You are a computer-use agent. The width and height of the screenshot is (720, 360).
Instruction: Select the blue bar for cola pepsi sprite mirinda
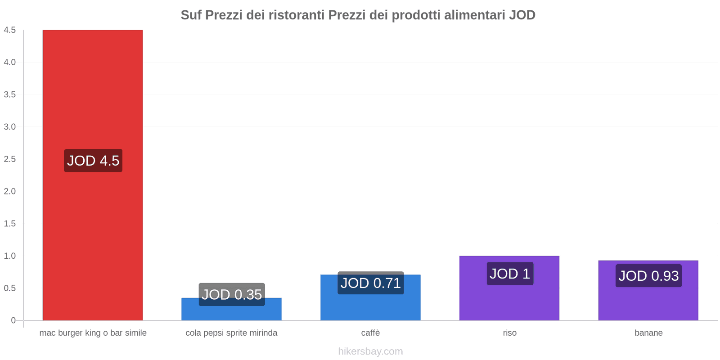coord(231,313)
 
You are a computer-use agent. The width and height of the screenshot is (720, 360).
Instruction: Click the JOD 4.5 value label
coord(93,161)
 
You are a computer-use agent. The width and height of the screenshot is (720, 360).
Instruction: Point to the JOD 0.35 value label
coord(232,295)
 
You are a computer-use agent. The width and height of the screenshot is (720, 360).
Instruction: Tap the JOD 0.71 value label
coord(370,283)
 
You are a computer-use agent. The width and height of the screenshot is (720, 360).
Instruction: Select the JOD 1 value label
coord(510,274)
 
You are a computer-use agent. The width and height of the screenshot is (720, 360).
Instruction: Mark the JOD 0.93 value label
coord(648,276)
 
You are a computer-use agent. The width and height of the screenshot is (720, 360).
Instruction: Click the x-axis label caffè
coord(370,333)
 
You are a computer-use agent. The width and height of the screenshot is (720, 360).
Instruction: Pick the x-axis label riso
coord(510,333)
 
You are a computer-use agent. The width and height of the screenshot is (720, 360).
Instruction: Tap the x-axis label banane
coord(648,333)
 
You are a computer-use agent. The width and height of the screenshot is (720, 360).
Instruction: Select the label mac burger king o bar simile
coord(93,333)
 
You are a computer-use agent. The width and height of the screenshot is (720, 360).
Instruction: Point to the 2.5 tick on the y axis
coord(10,159)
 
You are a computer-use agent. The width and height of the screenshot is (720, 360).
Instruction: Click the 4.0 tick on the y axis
coord(10,63)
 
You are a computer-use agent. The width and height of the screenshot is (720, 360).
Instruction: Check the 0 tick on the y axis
coord(13,320)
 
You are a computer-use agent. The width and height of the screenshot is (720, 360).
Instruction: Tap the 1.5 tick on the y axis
coord(10,224)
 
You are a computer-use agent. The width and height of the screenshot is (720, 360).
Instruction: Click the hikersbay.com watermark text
coord(370,351)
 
